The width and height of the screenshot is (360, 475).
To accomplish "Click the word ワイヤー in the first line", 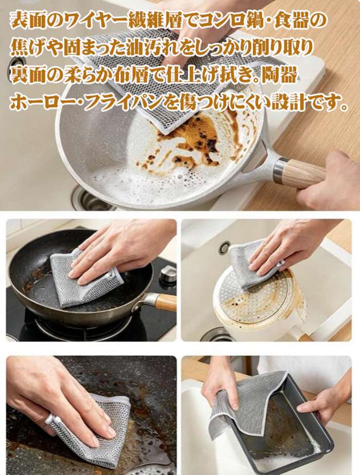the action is tap(93, 21).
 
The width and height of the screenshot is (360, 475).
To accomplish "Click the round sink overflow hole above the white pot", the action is tap(225, 247).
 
